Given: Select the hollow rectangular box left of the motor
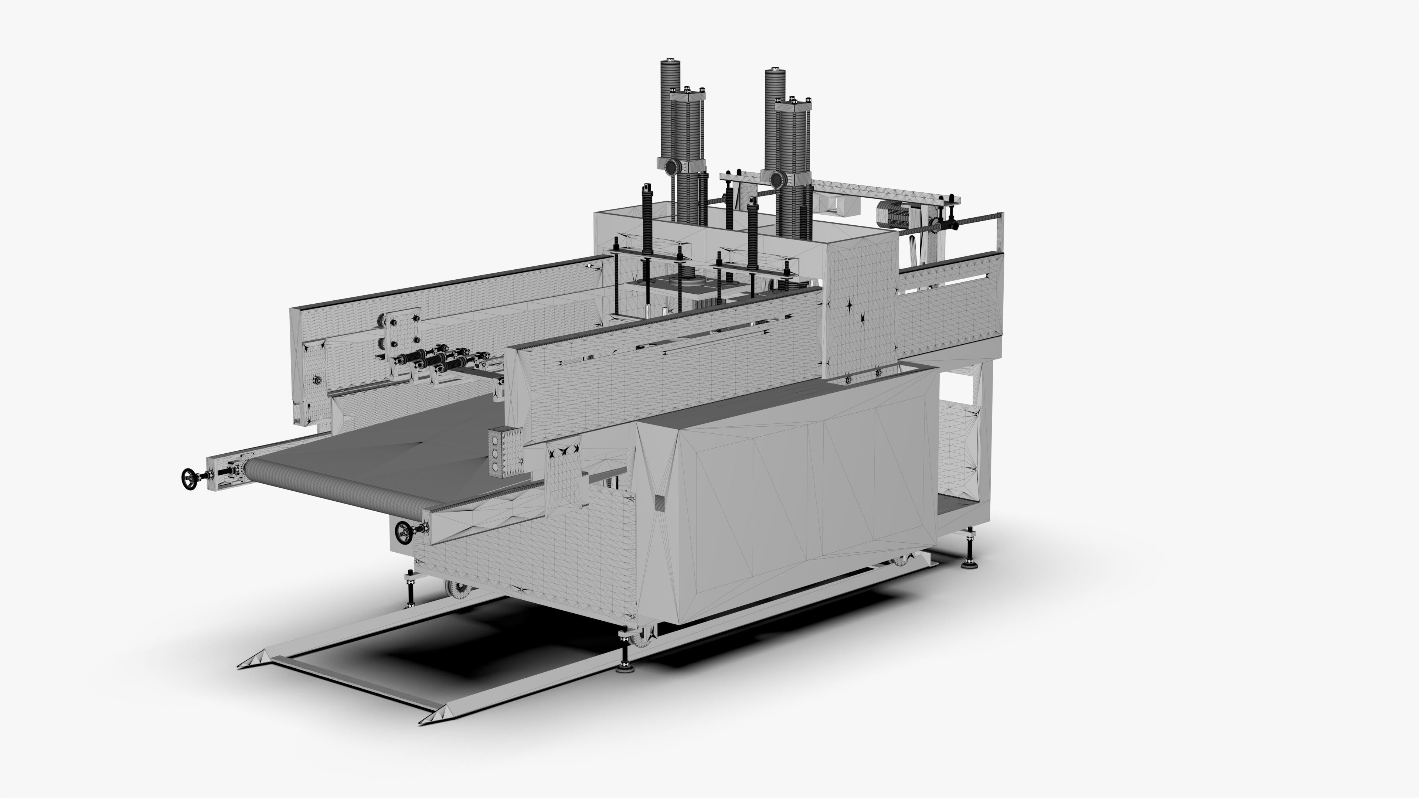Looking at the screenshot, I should (x=837, y=204).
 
